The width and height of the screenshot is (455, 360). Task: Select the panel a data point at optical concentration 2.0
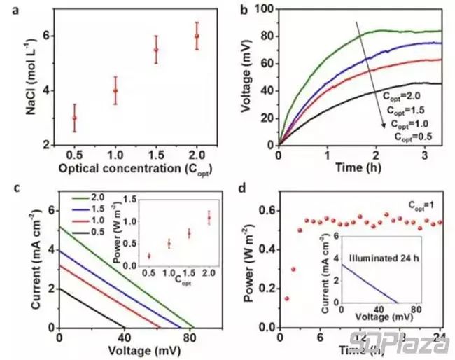click(197, 36)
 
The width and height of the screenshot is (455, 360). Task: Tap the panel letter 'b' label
click(245, 9)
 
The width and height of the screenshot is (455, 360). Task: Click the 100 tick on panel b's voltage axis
click(260, 9)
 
